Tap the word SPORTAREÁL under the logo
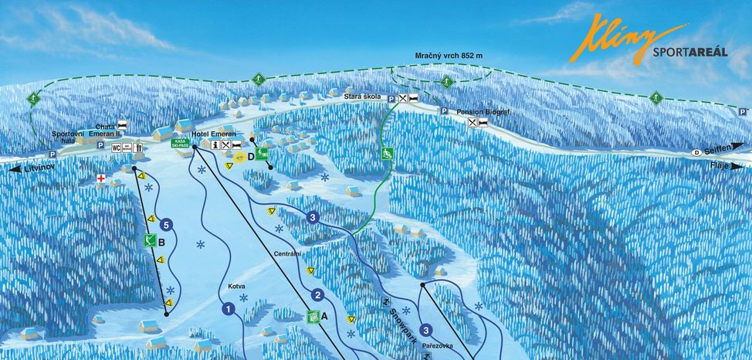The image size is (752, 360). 689,53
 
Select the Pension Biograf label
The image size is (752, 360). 484,112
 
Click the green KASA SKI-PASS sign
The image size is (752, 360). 181,144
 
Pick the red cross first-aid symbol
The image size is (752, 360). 100,179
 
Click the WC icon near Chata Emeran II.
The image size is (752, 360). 117,147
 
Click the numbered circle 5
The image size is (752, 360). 166,226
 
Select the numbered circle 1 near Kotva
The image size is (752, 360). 229,310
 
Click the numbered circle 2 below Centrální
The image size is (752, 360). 317,294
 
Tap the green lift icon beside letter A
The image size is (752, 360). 313,316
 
